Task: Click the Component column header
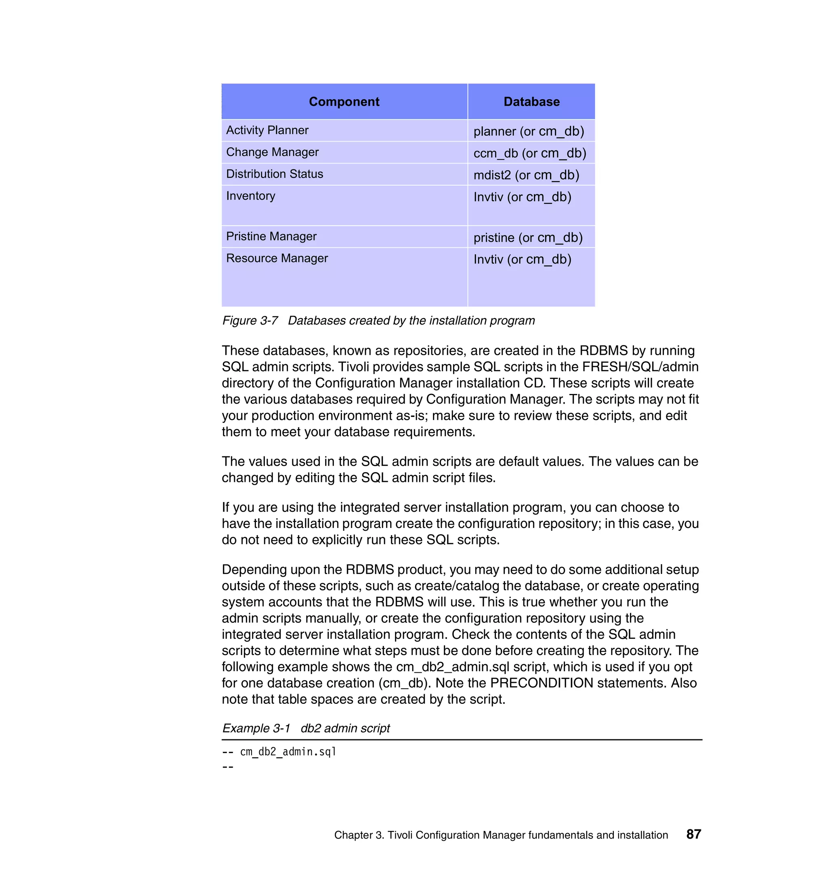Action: coord(344,102)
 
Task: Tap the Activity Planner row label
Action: coord(267,130)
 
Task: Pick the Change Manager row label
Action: coord(272,152)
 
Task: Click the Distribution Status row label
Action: coord(274,174)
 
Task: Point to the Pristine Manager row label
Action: coord(271,237)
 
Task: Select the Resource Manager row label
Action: coord(277,258)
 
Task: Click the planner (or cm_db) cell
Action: coord(529,131)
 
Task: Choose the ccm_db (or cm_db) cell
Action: coord(529,153)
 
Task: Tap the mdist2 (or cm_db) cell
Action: coord(526,175)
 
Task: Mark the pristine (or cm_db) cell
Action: coord(528,238)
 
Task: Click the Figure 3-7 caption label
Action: coord(250,321)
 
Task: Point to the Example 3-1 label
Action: coord(256,728)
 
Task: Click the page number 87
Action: coord(693,834)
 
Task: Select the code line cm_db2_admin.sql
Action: coord(288,751)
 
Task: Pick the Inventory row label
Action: coord(250,196)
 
